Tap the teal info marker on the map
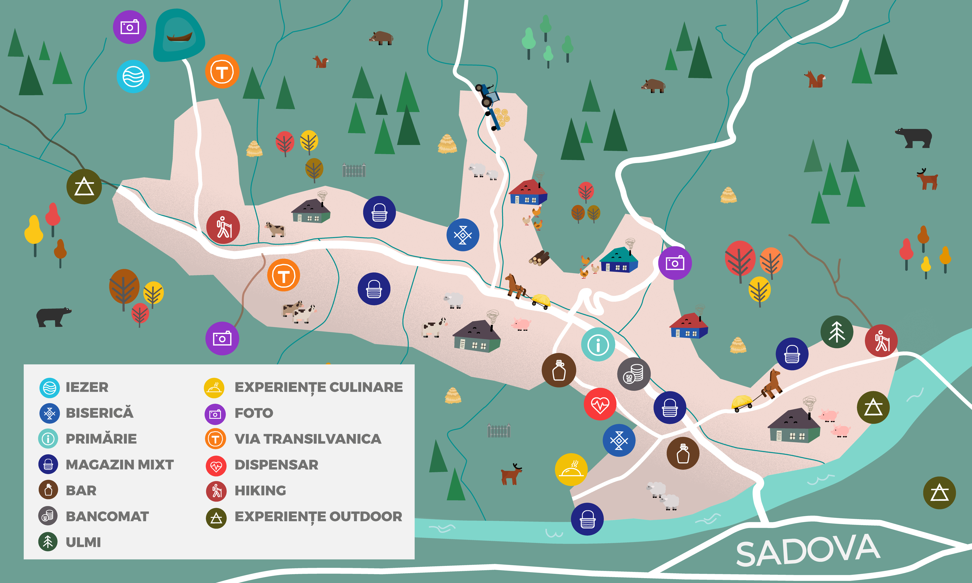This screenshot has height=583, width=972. click(598, 345)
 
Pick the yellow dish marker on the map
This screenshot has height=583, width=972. click(571, 470)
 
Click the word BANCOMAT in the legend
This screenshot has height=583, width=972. click(107, 516)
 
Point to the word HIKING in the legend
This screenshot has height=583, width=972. click(260, 491)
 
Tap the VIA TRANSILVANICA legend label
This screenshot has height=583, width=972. click(308, 439)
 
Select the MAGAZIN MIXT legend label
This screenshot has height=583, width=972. click(119, 465)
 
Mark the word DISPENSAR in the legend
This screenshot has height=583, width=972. click(276, 465)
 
